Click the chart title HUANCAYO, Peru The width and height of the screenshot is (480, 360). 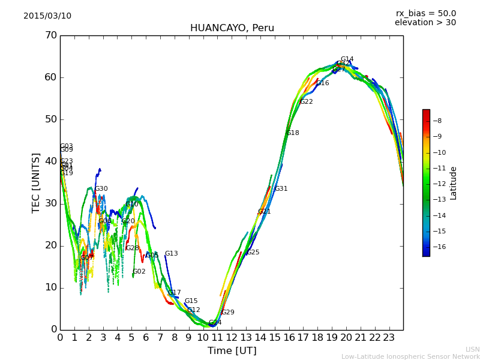pos(232,28)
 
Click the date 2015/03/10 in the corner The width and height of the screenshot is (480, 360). pos(47,16)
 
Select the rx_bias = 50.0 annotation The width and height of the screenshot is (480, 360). pos(425,13)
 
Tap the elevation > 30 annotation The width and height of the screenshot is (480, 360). pos(425,23)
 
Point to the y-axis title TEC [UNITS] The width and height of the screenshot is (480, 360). pos(36,182)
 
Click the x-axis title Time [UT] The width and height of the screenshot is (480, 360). pos(232,351)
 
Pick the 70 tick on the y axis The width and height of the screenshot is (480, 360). pos(50,35)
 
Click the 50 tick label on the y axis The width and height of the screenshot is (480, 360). pos(50,119)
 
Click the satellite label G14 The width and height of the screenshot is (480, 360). pos(347,59)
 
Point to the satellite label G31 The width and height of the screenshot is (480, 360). pos(281,189)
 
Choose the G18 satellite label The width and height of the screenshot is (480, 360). pos(292,133)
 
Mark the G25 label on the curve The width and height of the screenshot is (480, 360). pos(253,253)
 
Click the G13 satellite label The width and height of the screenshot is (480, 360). pos(171,254)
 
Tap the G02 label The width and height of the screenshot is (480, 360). pos(139,272)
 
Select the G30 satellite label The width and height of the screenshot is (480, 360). pos(101,189)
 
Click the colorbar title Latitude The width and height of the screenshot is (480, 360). pos(454,183)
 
